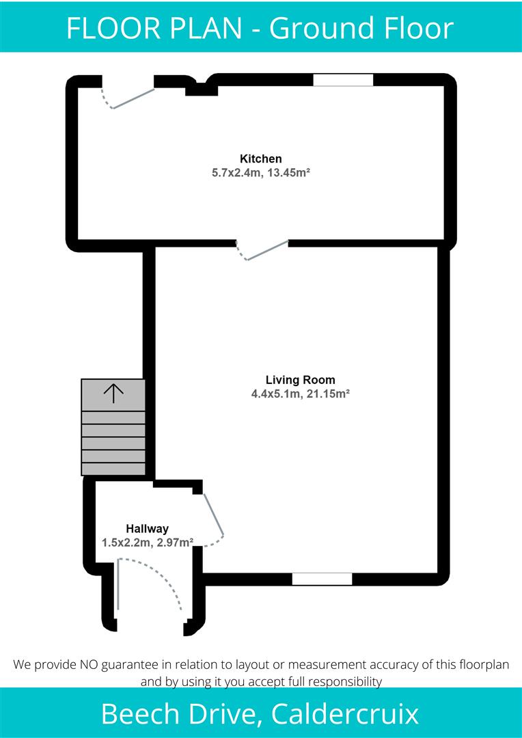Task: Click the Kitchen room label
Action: coord(260,159)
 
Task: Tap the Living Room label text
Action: coord(300,380)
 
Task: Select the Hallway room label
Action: coord(147,528)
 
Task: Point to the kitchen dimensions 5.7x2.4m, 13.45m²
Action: coord(261,174)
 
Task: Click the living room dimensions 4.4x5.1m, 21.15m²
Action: coord(301,394)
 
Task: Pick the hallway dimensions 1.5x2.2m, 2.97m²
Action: coord(147,542)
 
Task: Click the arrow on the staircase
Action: coord(113,392)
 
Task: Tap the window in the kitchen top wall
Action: coord(343,80)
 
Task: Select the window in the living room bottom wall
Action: coord(322,579)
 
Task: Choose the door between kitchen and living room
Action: coord(264,250)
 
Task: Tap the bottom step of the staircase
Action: coord(113,469)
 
